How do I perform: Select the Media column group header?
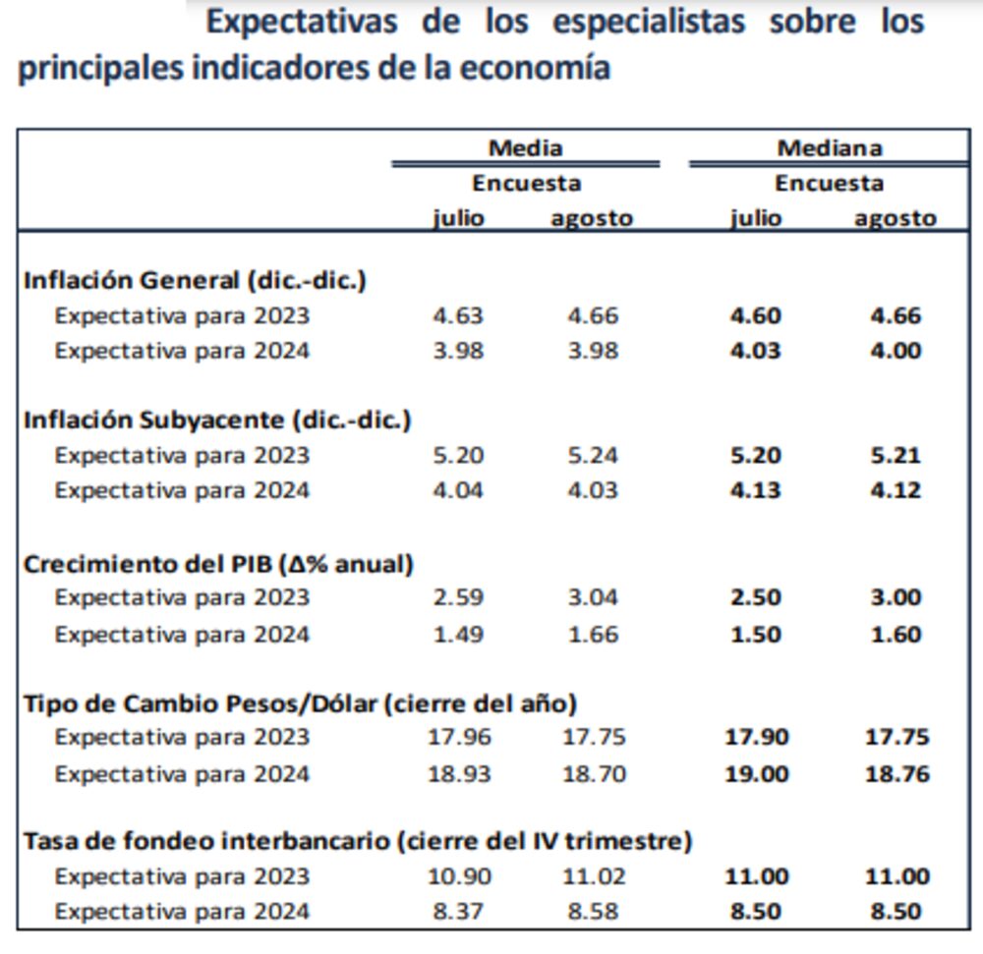526,147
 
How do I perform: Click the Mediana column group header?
830,147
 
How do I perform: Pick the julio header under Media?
458,218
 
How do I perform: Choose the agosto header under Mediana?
895,218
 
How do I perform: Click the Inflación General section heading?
195,280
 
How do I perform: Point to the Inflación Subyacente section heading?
217,420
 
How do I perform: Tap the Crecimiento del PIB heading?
218,564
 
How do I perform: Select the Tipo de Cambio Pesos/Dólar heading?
300,703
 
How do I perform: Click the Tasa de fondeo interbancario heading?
358,841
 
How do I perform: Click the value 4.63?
458,315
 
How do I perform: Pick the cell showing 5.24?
593,455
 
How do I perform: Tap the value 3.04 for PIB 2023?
593,597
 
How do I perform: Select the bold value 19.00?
756,774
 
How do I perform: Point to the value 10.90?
459,876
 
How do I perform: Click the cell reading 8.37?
458,912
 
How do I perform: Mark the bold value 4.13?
756,490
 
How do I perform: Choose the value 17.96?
459,737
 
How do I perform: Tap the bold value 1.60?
895,635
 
